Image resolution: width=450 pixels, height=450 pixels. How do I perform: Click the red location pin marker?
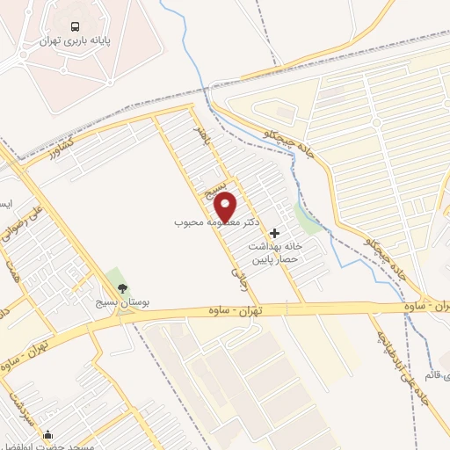(x=226, y=207)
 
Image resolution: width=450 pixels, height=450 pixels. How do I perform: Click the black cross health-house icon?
(x=276, y=234)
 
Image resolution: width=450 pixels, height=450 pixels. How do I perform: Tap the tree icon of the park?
(x=122, y=288)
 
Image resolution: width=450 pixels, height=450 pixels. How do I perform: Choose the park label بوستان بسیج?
(x=123, y=301)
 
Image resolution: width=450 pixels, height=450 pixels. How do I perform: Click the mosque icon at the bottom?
(x=47, y=434)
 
